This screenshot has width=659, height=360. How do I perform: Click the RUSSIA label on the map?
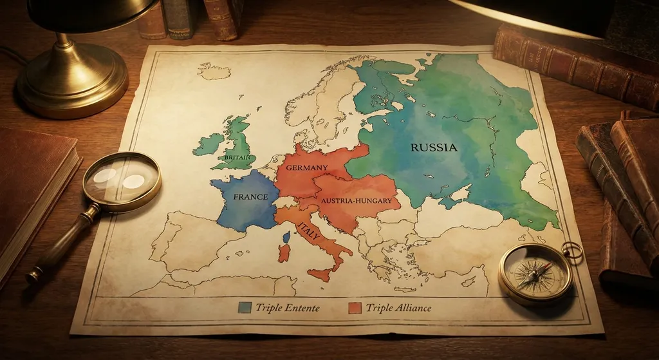point(434,147)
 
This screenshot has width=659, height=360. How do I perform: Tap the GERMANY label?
point(307,168)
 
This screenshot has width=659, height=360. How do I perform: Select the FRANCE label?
point(250,197)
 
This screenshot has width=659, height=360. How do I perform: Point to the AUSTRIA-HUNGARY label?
point(356,202)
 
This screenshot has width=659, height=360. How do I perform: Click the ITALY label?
point(308,229)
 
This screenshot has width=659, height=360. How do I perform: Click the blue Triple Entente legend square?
point(244,307)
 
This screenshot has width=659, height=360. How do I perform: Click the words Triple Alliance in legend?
point(398,308)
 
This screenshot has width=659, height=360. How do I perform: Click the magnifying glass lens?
point(122,180)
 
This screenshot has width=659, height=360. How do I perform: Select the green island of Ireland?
point(209,145)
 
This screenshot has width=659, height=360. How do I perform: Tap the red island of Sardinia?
point(284,252)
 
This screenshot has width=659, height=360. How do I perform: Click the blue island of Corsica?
point(286,237)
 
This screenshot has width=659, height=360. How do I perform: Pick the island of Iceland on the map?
point(213,70)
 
